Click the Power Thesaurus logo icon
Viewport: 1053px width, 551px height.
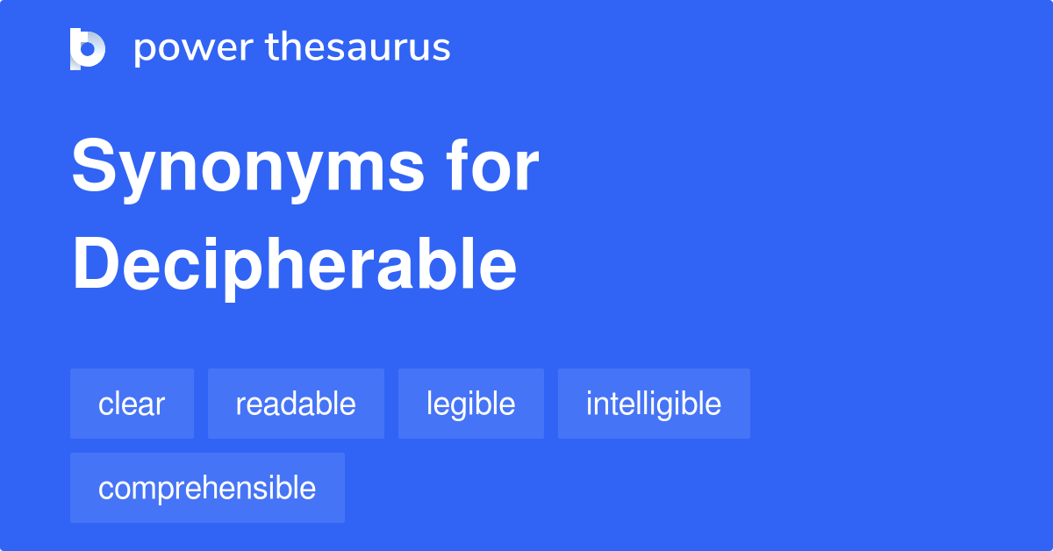pyautogui.click(x=88, y=48)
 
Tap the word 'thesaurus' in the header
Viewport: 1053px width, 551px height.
pyautogui.click(x=358, y=48)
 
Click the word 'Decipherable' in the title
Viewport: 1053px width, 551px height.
pyautogui.click(x=294, y=265)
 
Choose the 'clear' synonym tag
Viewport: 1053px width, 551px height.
pyautogui.click(x=132, y=404)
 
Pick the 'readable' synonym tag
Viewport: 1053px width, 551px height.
pyautogui.click(x=296, y=404)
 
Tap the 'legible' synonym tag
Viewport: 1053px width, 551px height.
pyautogui.click(x=470, y=404)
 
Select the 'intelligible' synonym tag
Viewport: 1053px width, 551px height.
pyautogui.click(x=654, y=404)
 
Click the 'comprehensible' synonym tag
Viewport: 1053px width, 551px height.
pyautogui.click(x=207, y=488)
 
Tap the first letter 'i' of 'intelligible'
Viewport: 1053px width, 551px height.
pyautogui.click(x=589, y=404)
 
